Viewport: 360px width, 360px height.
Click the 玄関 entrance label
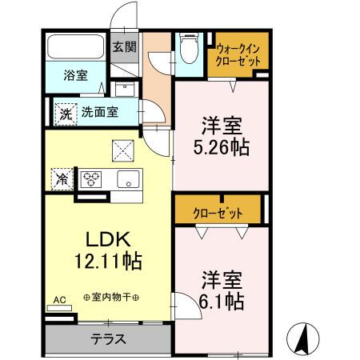click(124, 46)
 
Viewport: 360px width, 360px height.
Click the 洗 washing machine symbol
click(65, 113)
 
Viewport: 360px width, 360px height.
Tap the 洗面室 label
click(100, 113)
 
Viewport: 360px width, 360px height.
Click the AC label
click(59, 300)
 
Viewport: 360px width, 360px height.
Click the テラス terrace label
click(109, 338)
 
